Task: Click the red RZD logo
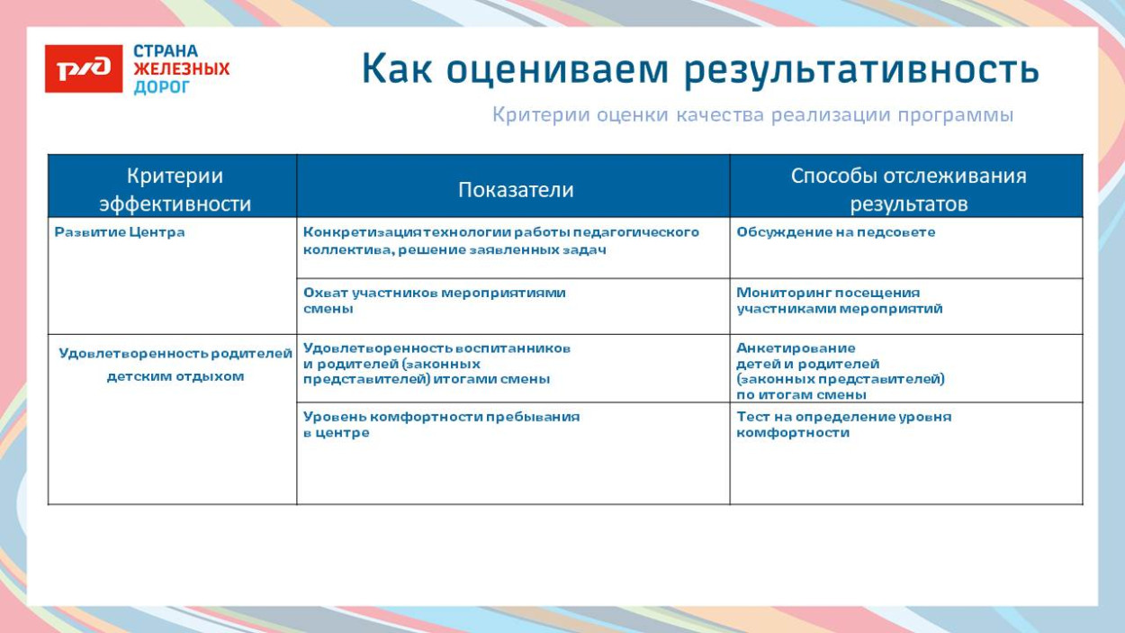pos(83,68)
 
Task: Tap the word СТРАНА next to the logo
pos(166,51)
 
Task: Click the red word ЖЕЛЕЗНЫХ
pos(181,69)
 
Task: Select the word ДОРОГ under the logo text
pos(162,87)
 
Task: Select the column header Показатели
pos(515,190)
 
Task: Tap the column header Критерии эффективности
pos(175,189)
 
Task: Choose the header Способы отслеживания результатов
pos(907,189)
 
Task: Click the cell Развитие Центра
pos(120,232)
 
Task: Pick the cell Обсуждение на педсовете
pos(835,232)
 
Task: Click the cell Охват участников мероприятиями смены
pos(434,301)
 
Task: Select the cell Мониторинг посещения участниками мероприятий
pos(839,301)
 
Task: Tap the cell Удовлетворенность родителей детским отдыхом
pos(175,365)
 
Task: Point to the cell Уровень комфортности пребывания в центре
pos(441,424)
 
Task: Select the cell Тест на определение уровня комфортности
pos(843,424)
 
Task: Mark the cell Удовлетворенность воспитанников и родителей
pos(436,364)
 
